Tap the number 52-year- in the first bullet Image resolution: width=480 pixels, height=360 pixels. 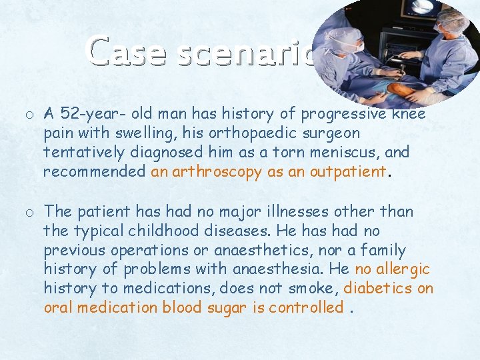tap(86, 114)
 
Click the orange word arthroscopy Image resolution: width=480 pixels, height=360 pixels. tap(217, 172)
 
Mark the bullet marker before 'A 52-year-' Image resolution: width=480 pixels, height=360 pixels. tap(31, 115)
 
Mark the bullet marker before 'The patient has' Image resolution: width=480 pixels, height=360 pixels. tap(31, 213)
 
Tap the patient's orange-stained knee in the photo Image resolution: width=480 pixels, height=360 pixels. tap(401, 89)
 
